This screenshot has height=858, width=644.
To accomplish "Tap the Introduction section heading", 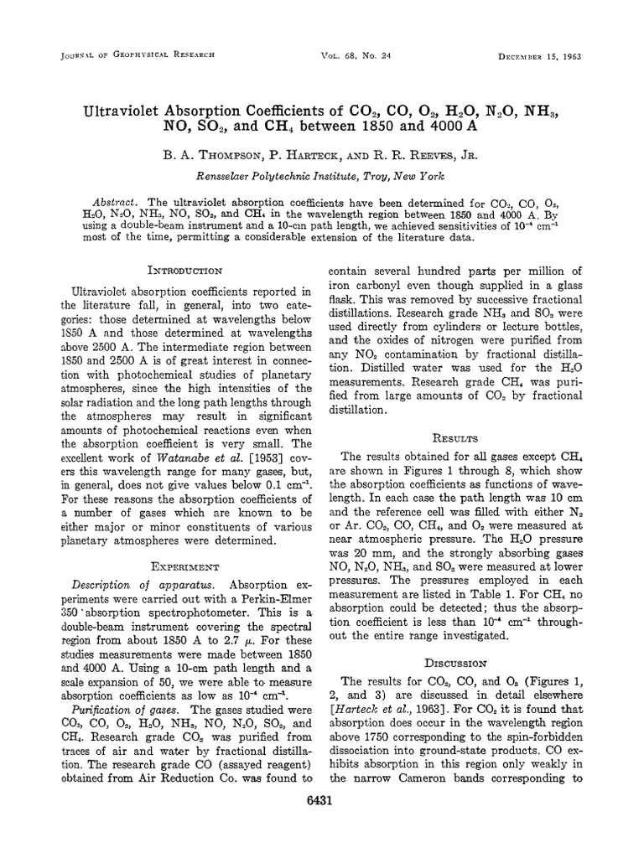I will pyautogui.click(x=184, y=270).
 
